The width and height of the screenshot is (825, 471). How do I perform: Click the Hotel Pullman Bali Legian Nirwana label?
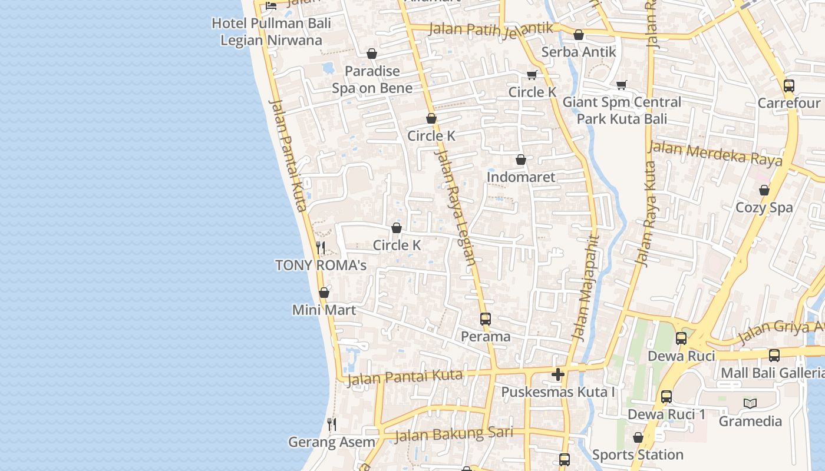point(271,32)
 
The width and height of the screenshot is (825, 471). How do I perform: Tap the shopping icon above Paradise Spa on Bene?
point(372,54)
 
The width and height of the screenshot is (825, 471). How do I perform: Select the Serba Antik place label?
point(579,52)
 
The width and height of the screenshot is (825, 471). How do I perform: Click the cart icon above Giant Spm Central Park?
point(622,85)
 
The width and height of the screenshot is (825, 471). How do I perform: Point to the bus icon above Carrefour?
point(789,86)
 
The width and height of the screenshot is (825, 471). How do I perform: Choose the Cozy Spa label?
point(764,207)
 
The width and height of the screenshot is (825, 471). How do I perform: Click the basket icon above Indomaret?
point(521,160)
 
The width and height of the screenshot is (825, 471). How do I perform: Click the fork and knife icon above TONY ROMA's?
point(321,247)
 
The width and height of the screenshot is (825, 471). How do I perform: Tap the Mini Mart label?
point(324,310)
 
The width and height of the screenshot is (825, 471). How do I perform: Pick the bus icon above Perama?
point(486,319)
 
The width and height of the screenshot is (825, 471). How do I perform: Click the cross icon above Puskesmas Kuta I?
point(558,374)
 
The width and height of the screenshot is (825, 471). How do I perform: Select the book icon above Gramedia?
point(750,403)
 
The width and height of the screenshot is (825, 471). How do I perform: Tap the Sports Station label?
point(638,455)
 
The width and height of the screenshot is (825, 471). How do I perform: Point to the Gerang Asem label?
point(332,442)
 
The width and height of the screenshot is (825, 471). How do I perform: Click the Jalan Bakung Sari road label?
point(453,434)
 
